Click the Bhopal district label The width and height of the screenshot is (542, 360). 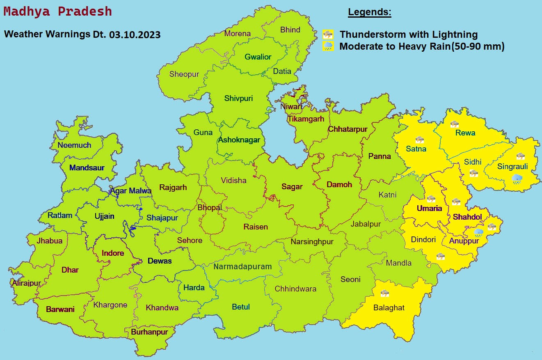(210, 207)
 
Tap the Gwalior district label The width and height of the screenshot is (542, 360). (258, 57)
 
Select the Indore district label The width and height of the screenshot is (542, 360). (113, 253)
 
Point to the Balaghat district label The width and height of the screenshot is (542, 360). (389, 307)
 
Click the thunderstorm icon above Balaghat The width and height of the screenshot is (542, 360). (384, 293)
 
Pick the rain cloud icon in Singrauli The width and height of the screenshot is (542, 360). (517, 179)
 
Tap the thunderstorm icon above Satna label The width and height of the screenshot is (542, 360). (419, 140)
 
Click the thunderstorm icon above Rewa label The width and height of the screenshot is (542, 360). (454, 124)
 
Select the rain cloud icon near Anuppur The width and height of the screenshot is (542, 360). (478, 233)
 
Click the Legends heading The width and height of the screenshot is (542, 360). (370, 12)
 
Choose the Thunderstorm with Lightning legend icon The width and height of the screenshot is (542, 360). (328, 34)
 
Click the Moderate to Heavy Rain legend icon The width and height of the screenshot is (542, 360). (328, 46)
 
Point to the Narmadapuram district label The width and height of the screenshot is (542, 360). (242, 267)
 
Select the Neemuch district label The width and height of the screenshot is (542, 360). (74, 145)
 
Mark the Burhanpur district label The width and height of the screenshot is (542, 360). (149, 332)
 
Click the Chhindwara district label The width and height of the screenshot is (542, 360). (295, 289)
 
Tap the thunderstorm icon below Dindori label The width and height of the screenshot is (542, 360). (441, 256)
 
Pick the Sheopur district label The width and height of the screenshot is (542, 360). (184, 74)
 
